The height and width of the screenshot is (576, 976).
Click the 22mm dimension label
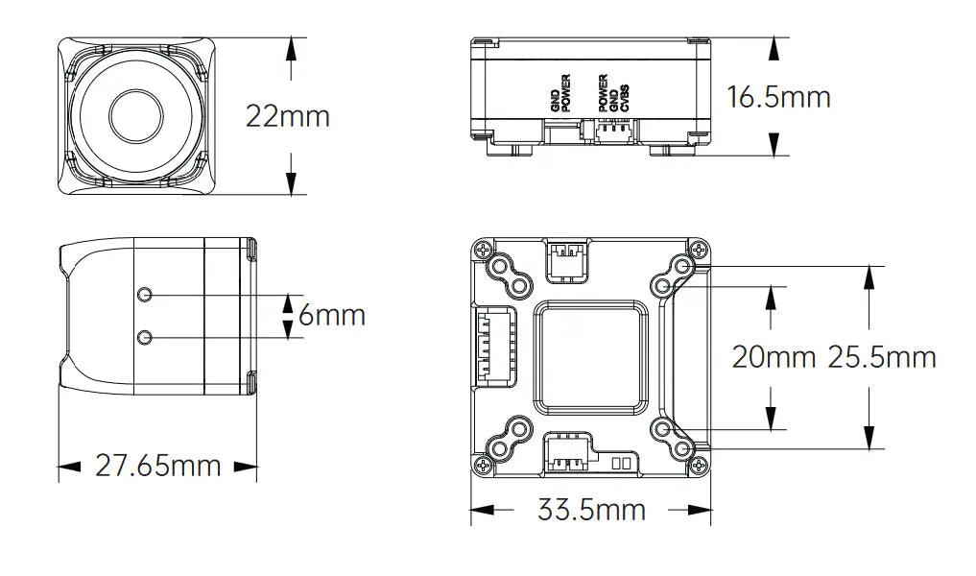click(288, 116)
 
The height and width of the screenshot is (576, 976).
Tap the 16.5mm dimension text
click(778, 97)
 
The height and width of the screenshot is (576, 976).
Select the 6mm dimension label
click(332, 315)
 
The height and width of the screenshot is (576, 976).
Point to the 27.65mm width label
click(158, 466)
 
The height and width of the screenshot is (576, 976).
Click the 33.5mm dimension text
click(591, 511)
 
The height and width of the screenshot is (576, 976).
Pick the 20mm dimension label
click(774, 357)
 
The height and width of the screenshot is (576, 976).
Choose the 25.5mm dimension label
click(882, 357)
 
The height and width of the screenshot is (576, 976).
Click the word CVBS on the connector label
click(625, 98)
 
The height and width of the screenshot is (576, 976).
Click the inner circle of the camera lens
click(137, 116)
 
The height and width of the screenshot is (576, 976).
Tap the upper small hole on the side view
click(145, 295)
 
